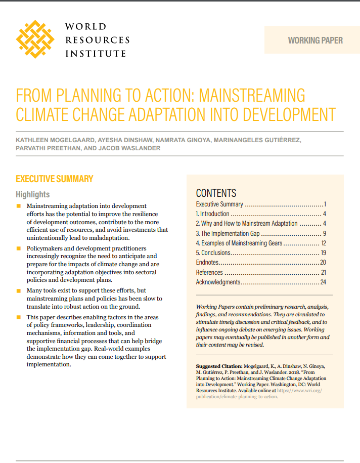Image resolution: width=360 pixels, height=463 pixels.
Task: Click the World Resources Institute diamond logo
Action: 34,39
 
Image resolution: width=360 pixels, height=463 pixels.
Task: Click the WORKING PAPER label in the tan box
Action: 315,40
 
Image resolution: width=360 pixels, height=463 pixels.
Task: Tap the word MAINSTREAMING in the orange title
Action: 253,95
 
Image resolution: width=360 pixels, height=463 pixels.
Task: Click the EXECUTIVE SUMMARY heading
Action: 54,179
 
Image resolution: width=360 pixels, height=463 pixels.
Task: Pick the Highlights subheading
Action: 32,194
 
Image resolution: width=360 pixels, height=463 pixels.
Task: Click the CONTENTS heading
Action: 216,193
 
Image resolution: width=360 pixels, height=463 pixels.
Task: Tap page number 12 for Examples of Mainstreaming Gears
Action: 323,243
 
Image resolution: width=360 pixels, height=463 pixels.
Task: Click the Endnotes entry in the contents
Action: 207,262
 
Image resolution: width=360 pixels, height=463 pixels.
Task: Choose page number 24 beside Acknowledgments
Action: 323,282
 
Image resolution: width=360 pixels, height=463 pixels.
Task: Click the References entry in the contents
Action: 209,272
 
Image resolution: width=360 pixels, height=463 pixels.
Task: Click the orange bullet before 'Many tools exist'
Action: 19,291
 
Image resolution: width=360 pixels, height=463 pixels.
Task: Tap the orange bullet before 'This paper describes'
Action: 19,317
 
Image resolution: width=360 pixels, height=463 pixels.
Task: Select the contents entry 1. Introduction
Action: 212,214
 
